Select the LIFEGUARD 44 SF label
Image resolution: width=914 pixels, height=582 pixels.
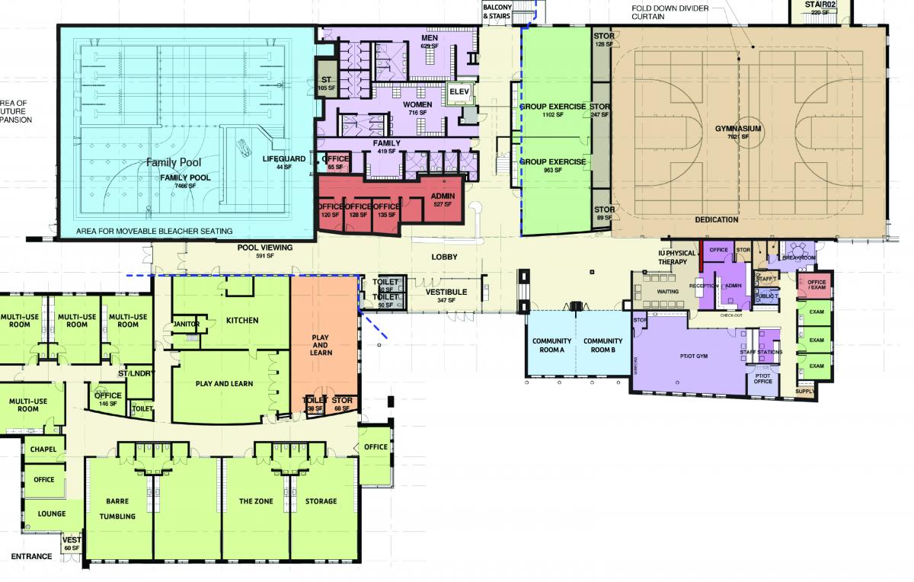coord(284,161)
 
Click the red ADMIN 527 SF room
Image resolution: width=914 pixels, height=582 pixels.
coord(443,200)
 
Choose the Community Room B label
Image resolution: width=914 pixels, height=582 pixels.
coord(602,345)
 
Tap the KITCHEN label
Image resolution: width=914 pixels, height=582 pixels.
coord(242,321)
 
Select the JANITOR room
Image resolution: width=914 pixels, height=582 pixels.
coord(187,325)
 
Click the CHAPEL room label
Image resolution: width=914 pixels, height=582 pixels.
coord(43,449)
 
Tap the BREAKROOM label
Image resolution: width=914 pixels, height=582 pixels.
coord(799,257)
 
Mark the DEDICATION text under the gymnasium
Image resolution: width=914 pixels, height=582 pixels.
coord(716,219)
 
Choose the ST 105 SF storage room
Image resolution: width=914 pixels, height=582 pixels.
coord(326,83)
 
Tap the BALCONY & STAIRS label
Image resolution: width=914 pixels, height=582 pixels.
coord(497,11)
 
